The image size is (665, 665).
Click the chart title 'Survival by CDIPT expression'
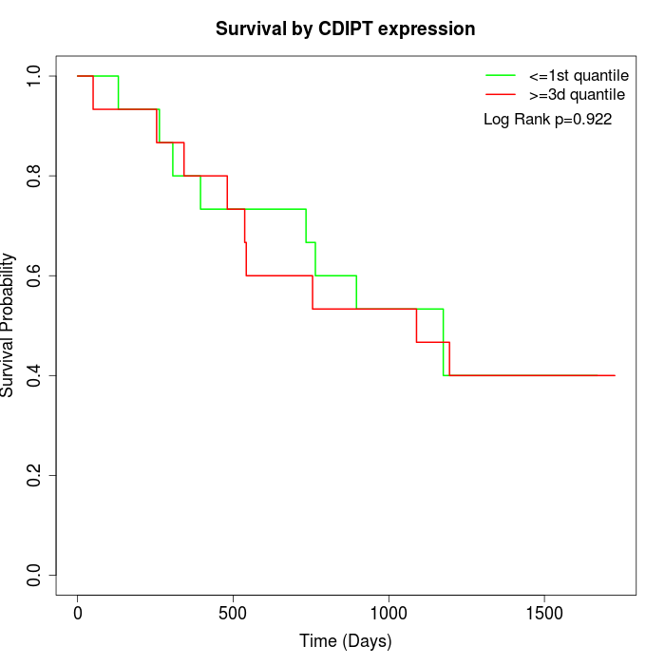[x=345, y=28]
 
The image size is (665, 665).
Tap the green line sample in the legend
[x=500, y=75]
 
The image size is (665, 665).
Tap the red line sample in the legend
[x=500, y=94]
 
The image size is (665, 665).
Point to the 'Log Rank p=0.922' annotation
[x=547, y=120]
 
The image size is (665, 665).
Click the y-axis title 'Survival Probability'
[x=9, y=325]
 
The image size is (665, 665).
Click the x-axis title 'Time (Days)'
[x=345, y=641]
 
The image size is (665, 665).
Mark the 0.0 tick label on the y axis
[x=35, y=575]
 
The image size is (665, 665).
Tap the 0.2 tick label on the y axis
[x=35, y=475]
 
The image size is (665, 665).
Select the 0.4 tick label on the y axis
[x=35, y=375]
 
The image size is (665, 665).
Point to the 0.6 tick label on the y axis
[x=35, y=275]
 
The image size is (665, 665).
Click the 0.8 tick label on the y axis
[x=35, y=176]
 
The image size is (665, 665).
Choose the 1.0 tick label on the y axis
[x=35, y=76]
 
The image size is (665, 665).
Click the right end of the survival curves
[x=615, y=375]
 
